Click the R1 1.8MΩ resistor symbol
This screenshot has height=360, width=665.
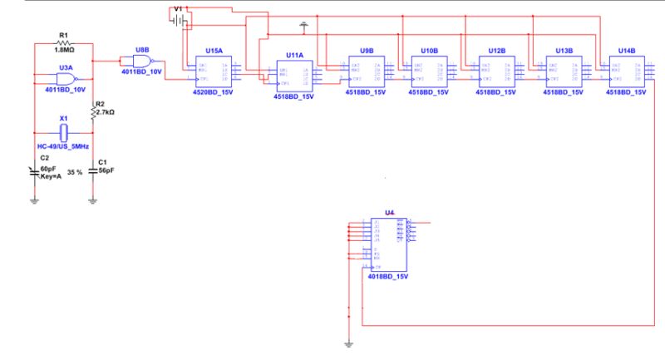click(x=63, y=42)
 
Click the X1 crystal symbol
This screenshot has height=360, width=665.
click(x=63, y=131)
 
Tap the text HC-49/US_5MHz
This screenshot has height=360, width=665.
click(x=63, y=145)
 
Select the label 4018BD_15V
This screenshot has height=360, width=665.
click(x=388, y=275)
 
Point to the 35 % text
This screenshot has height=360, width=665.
click(x=75, y=172)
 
